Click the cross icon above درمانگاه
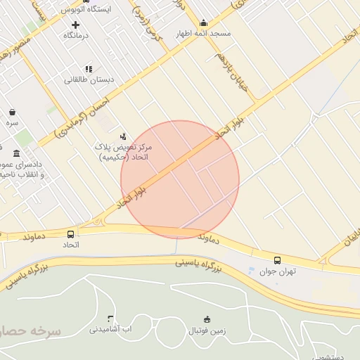pyautogui.click(x=75, y=25)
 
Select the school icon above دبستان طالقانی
pyautogui.click(x=89, y=69)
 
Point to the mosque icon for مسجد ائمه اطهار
pyautogui.click(x=204, y=22)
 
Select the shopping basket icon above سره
pyautogui.click(x=12, y=112)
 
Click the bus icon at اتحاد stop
pyautogui.click(x=70, y=234)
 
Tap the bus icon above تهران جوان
pyautogui.click(x=277, y=260)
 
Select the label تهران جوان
pyautogui.click(x=278, y=271)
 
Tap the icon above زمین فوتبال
pyautogui.click(x=207, y=319)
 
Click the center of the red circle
pyautogui.click(x=180, y=179)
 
